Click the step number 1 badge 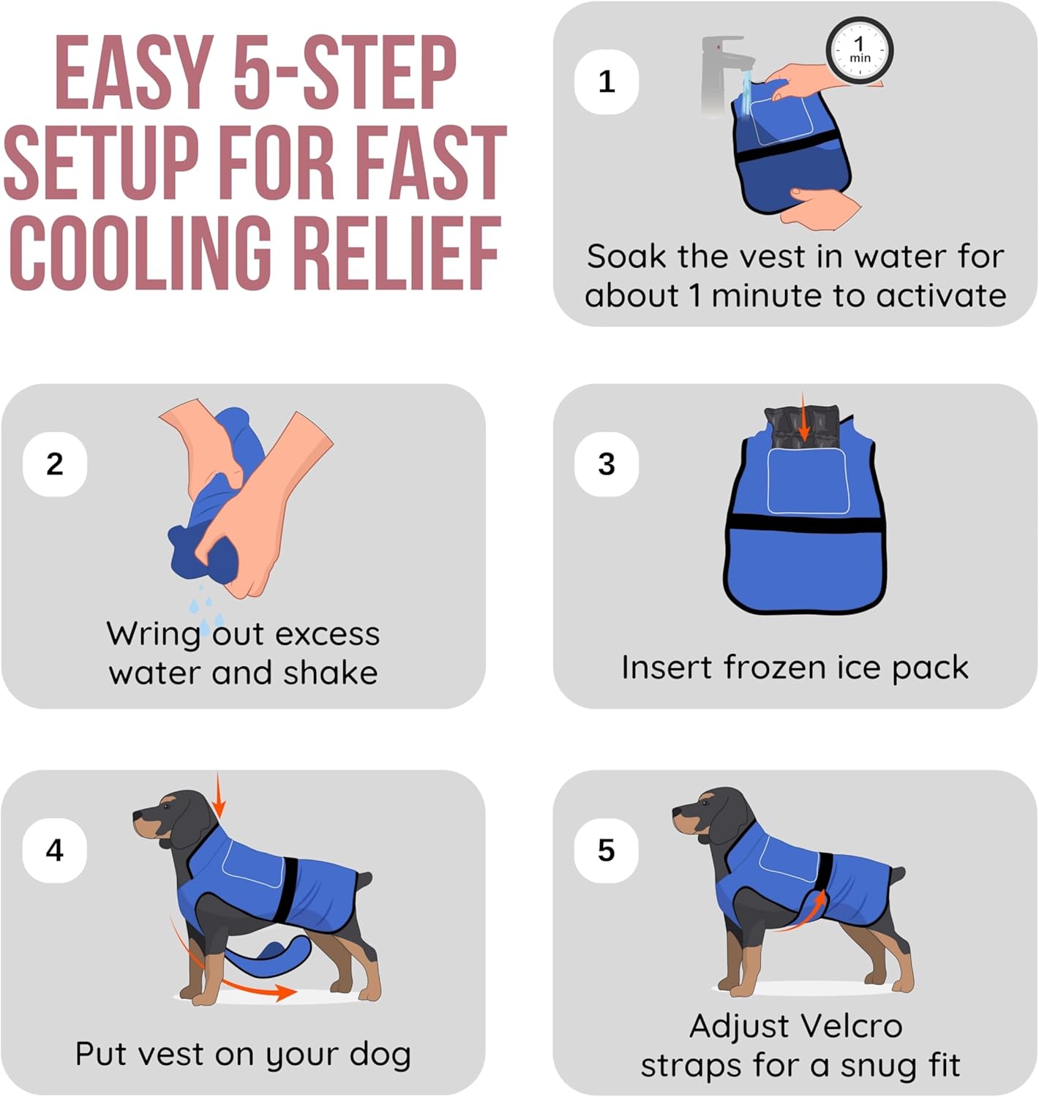click(607, 81)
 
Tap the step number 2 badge click(55, 464)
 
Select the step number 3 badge click(607, 464)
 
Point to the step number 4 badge click(55, 851)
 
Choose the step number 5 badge click(607, 851)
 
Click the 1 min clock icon click(859, 50)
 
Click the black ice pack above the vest click(802, 425)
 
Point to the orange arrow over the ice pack click(803, 415)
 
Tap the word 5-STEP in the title click(345, 72)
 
